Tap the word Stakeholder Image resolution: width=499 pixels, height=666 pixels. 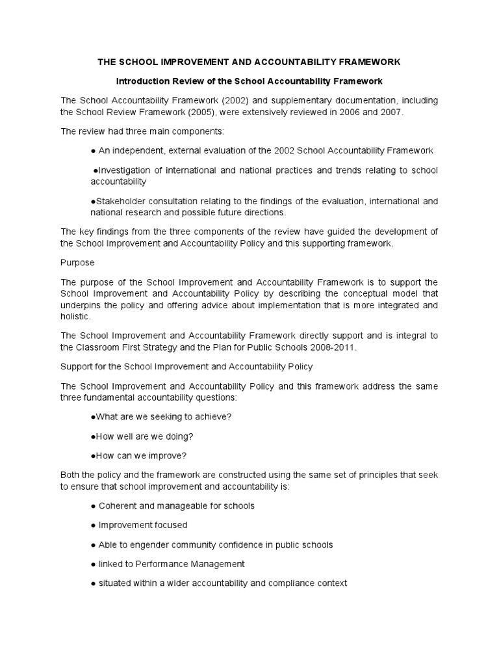pyautogui.click(x=120, y=201)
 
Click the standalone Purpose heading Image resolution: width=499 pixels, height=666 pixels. pyautogui.click(x=77, y=263)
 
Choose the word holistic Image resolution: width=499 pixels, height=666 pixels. pyautogui.click(x=75, y=317)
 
